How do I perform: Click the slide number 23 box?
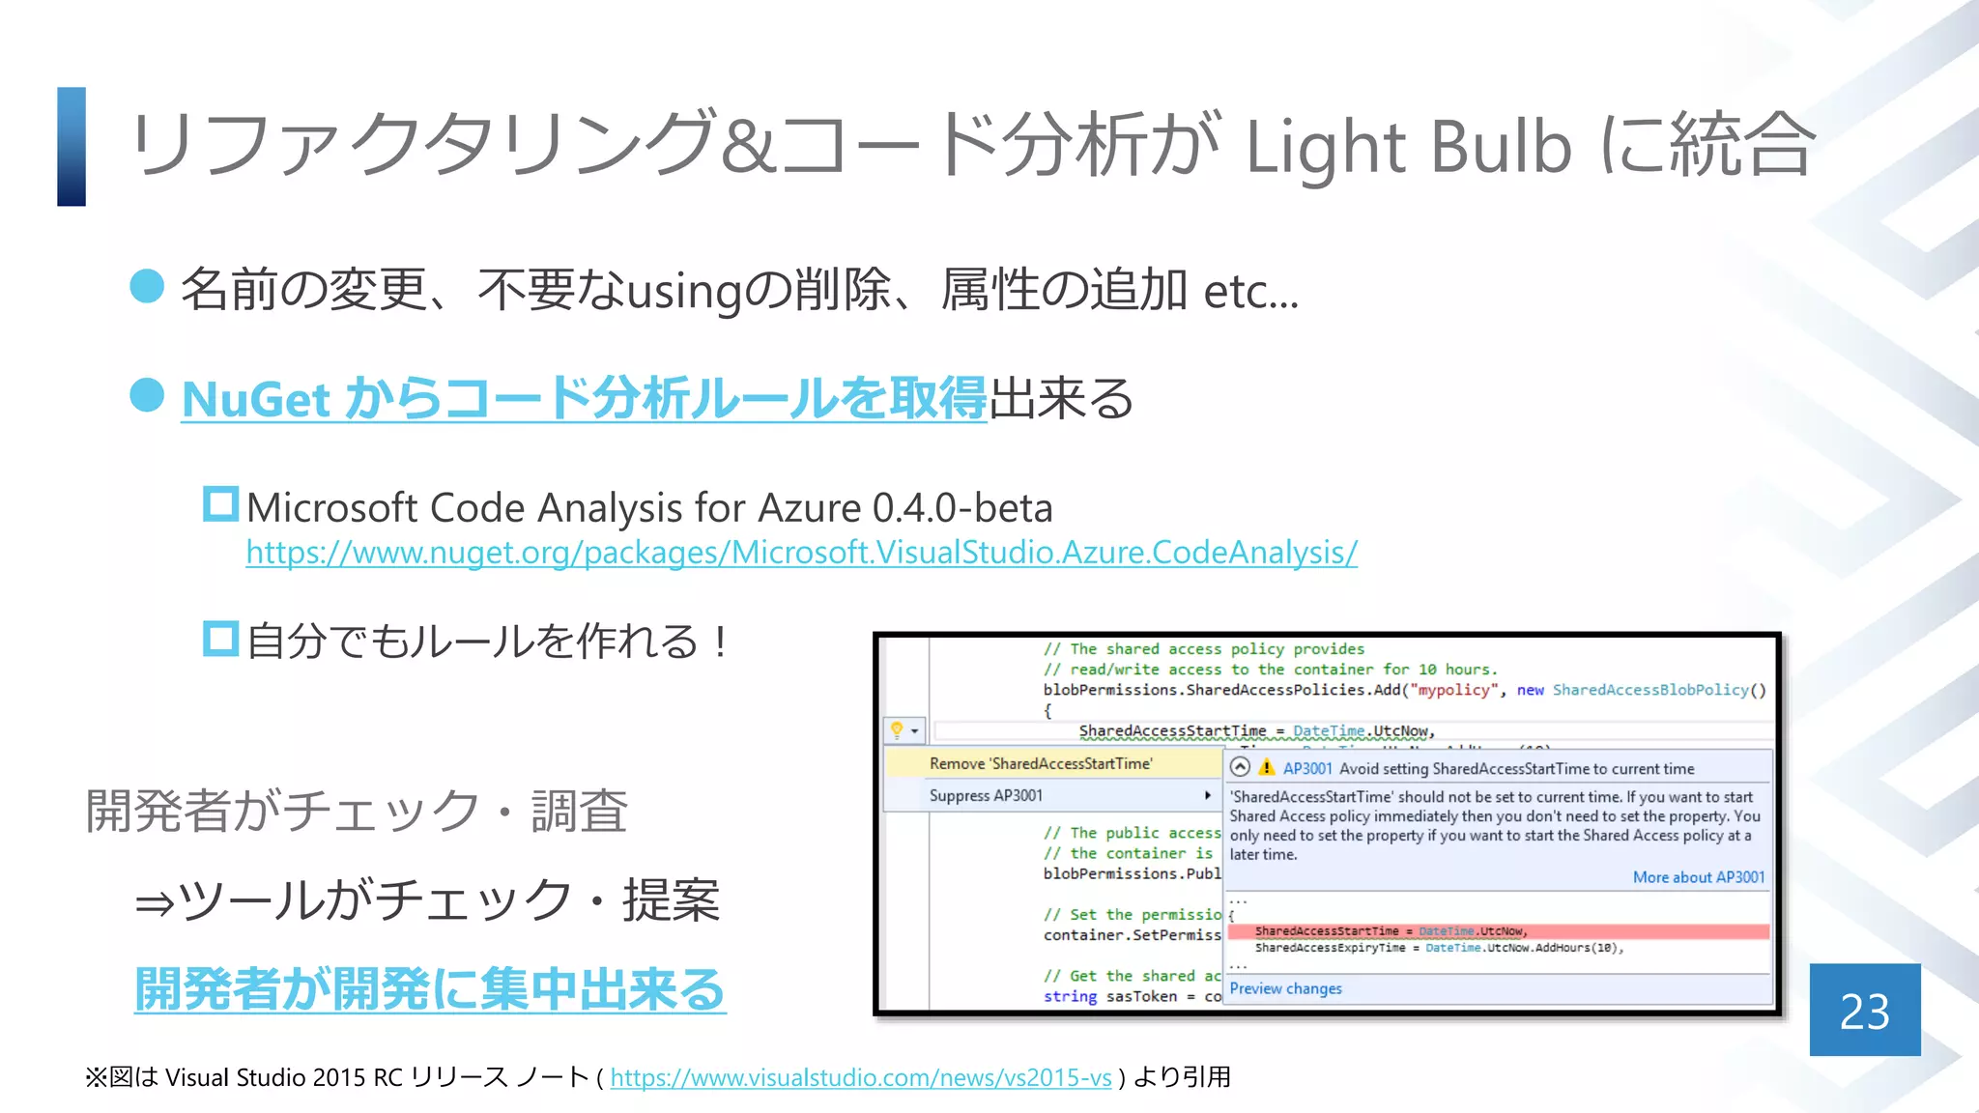1864,1010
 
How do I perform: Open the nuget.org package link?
801,553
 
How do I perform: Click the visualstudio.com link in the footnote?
860,1077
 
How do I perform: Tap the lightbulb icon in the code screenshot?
897,729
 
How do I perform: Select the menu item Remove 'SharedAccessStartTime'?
1041,763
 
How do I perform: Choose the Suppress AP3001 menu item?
986,795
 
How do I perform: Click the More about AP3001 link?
1698,877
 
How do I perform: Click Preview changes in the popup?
1285,988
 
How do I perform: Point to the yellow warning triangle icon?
1266,768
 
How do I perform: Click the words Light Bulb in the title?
1408,147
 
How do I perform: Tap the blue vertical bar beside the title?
72,147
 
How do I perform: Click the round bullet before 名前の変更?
147,286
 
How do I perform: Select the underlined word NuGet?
256,399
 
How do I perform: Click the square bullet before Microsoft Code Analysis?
220,504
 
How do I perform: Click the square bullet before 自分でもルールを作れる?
220,639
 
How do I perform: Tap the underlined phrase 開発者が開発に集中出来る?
430,989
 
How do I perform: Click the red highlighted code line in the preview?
1498,931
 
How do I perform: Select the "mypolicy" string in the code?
1454,690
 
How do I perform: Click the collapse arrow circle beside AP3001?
1240,767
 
